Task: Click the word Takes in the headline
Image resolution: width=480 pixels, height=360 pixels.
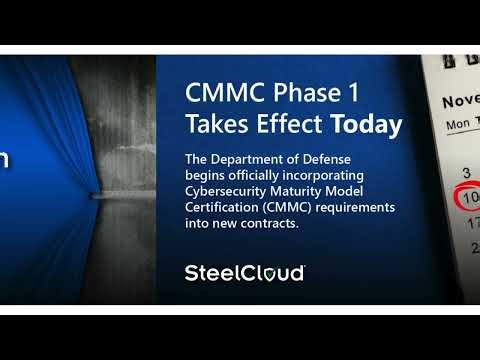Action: (x=216, y=125)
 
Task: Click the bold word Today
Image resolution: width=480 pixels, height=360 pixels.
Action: (x=367, y=125)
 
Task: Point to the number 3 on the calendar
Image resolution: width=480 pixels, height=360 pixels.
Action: (x=466, y=172)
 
